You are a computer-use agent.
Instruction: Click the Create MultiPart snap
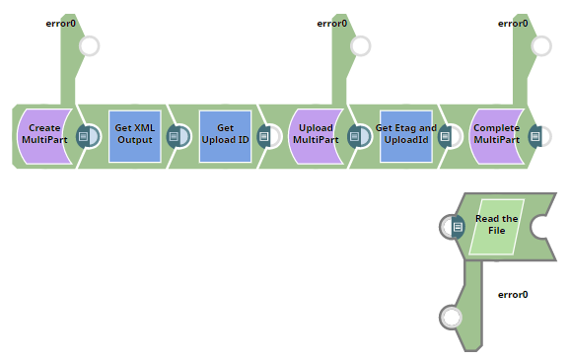point(43,135)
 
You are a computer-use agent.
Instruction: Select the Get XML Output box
point(134,135)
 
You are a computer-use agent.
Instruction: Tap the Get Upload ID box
point(225,135)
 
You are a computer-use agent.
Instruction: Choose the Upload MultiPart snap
point(316,135)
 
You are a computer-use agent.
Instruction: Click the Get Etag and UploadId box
point(406,135)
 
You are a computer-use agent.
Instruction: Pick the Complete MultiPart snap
point(496,135)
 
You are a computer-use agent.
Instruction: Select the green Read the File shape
point(497,226)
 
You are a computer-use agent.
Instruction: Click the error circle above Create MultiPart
point(89,46)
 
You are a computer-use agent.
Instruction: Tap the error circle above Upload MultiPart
point(361,46)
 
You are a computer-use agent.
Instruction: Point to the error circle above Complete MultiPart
point(541,46)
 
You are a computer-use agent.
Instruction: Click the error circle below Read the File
point(452,317)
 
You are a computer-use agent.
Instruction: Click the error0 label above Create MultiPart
point(61,24)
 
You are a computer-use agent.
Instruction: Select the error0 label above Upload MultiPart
point(332,24)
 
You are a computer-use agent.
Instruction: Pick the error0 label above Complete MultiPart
point(513,24)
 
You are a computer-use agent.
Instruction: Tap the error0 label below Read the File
point(513,294)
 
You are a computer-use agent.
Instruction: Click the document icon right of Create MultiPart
point(84,136)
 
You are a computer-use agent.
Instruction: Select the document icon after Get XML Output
point(174,136)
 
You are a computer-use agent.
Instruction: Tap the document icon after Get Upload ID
point(264,136)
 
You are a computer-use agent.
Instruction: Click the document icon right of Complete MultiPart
point(535,136)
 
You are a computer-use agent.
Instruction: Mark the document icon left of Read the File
point(458,227)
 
